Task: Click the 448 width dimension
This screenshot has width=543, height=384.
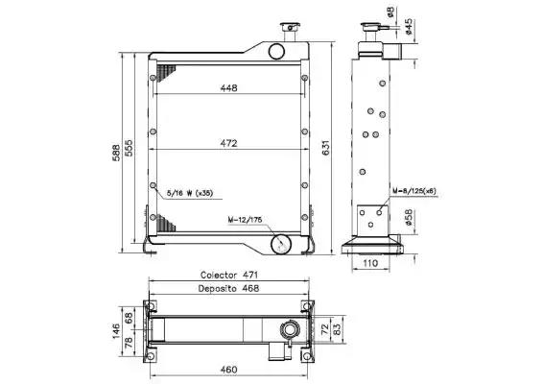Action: (229, 88)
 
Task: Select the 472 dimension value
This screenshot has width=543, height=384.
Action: (229, 143)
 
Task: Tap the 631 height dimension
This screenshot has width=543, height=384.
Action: (326, 148)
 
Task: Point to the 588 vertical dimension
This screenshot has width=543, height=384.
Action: (117, 153)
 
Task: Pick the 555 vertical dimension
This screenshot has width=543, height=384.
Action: (129, 148)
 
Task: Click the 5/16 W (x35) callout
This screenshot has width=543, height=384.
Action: (190, 193)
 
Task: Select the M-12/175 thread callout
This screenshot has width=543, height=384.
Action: (245, 220)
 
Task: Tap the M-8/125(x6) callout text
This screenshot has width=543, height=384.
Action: (414, 191)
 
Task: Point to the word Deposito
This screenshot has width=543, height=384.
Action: (218, 288)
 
